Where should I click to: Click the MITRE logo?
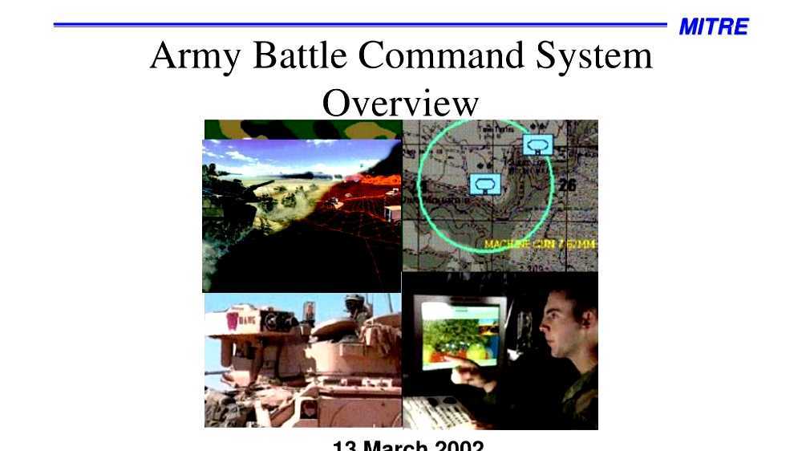pyautogui.click(x=713, y=27)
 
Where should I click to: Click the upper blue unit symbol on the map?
pyautogui.click(x=537, y=144)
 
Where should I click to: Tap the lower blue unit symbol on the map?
pyautogui.click(x=484, y=185)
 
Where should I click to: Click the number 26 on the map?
pyautogui.click(x=568, y=186)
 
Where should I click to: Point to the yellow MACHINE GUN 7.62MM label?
pyautogui.click(x=540, y=243)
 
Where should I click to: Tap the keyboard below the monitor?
pyautogui.click(x=437, y=412)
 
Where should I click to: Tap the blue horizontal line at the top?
pyautogui.click(x=361, y=26)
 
